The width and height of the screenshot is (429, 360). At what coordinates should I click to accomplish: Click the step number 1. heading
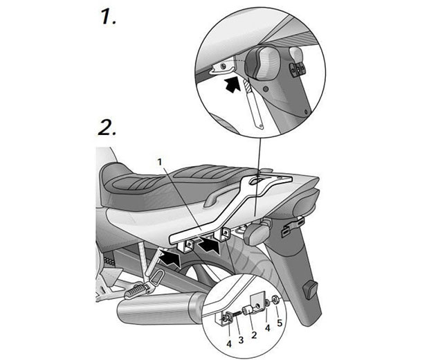click(109, 17)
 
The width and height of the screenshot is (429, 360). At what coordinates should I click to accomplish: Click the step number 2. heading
click(107, 127)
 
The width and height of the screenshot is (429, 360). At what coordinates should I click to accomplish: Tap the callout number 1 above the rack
click(160, 162)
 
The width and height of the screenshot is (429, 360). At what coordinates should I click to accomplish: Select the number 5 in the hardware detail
click(280, 323)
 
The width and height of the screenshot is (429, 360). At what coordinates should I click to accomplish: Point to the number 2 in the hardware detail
click(254, 335)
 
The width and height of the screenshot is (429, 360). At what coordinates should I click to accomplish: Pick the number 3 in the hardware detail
click(241, 340)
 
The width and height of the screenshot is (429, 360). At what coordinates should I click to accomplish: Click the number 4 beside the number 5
click(267, 328)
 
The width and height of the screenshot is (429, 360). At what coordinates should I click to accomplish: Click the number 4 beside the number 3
click(229, 344)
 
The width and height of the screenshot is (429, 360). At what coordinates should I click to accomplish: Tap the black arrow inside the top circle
click(232, 84)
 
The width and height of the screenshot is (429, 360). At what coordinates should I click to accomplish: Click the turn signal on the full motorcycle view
click(257, 233)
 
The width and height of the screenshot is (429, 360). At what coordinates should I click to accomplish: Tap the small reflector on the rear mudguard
click(310, 290)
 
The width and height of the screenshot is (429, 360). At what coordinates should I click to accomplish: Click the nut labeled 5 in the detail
click(275, 300)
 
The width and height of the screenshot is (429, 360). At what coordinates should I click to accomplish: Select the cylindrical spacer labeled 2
click(248, 310)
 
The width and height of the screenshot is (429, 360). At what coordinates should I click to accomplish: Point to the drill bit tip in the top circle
click(248, 78)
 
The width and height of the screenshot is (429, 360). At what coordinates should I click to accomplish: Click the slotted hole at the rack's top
click(257, 181)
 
